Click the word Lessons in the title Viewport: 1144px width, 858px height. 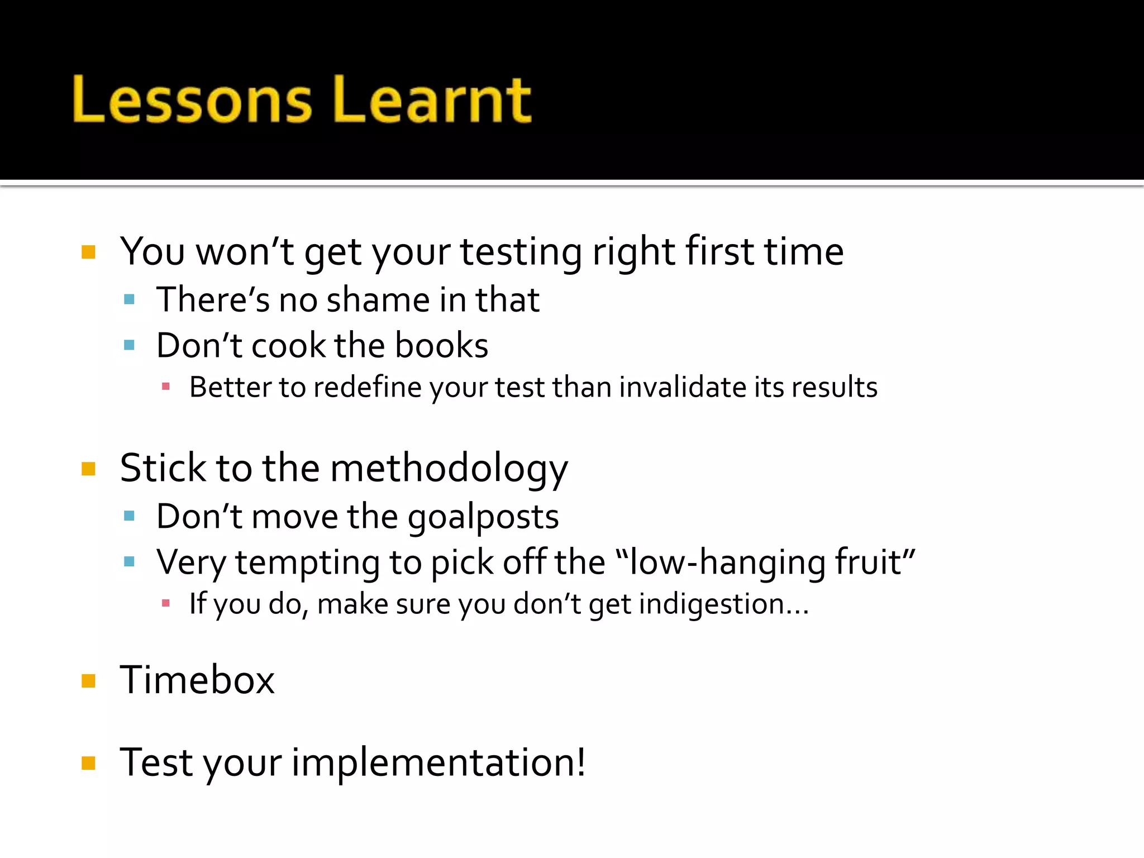click(192, 101)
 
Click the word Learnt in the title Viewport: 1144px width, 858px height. click(432, 101)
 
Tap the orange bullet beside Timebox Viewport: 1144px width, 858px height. click(88, 681)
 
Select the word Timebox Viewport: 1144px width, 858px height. click(197, 680)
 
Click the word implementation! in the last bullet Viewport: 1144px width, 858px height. click(438, 762)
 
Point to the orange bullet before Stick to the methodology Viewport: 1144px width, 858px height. click(88, 468)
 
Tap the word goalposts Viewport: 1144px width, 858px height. click(483, 517)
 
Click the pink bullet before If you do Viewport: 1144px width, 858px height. click(165, 603)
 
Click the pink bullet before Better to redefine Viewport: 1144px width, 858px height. click(165, 386)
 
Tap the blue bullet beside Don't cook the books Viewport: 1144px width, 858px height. click(130, 345)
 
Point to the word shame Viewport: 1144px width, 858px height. click(378, 300)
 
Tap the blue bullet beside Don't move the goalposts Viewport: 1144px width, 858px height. click(130, 516)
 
